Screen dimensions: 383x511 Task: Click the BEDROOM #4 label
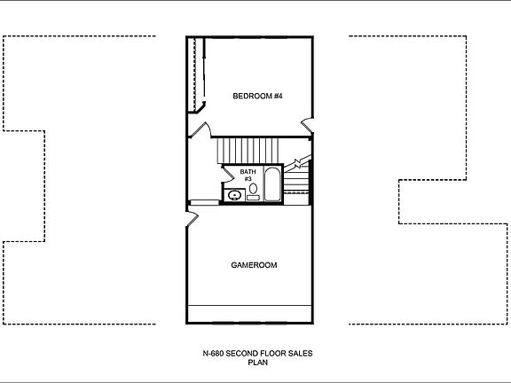tap(257, 96)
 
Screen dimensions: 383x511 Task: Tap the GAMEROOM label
tap(255, 264)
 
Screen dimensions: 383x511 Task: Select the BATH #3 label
tap(248, 175)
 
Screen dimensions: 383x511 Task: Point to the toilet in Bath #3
tap(253, 189)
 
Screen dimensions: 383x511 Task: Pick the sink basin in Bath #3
tap(235, 195)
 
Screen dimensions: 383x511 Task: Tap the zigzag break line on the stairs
tap(299, 164)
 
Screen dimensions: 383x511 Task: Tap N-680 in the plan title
tap(212, 354)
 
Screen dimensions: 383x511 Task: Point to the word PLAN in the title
tap(256, 363)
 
